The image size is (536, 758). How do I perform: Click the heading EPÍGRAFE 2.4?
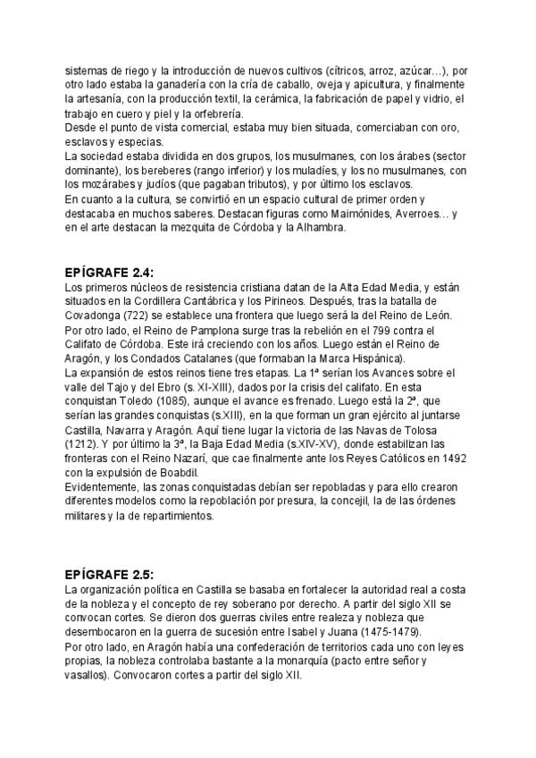click(x=116, y=271)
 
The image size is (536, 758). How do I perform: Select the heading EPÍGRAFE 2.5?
click(x=116, y=574)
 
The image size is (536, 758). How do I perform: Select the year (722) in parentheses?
click(x=141, y=316)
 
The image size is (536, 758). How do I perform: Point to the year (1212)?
click(x=83, y=443)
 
